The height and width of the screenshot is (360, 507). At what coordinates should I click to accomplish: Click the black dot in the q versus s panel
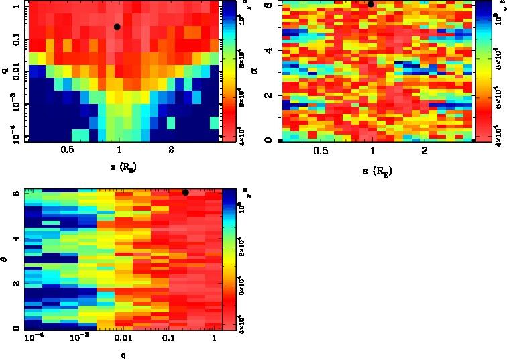click(x=117, y=27)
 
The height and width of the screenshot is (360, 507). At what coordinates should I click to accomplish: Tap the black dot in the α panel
click(x=370, y=4)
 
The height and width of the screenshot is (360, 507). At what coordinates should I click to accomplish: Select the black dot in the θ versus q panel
click(x=186, y=192)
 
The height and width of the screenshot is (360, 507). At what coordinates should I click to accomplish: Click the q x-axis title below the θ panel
click(x=123, y=355)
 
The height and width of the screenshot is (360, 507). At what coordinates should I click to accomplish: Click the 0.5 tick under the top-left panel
click(x=66, y=152)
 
